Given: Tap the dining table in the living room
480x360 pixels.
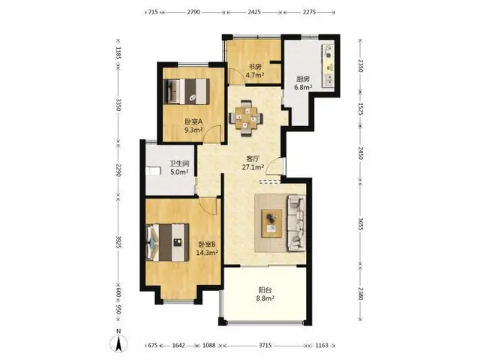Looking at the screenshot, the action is coord(246,118).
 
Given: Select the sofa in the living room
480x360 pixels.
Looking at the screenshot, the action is coord(296,223).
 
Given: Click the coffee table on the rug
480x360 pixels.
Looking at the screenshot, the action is coord(271,223).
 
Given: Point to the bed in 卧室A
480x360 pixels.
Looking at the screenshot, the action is coord(187,91).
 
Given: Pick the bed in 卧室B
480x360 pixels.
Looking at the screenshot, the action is coord(168,242).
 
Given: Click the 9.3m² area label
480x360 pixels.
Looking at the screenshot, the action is coord(193,130).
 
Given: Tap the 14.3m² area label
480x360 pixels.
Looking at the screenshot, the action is coord(207,253).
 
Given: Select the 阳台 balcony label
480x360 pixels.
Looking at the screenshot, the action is coord(265,289).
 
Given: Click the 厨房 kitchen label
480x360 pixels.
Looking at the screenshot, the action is coord(303,79).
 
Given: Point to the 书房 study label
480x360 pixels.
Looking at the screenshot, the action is coord(255,67).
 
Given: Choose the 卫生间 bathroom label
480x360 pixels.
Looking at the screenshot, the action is coord(180,163).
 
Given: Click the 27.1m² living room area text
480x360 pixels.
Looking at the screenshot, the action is coord(253,167).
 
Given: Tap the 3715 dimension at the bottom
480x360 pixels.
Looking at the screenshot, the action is coord(265,345).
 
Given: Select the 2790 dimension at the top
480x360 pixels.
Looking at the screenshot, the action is coord(193,12).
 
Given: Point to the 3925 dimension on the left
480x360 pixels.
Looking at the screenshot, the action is coord(118,241).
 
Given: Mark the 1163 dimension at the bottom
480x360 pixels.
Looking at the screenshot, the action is coord(322,345).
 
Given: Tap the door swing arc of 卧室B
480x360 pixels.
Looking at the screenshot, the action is coord(208,206).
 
